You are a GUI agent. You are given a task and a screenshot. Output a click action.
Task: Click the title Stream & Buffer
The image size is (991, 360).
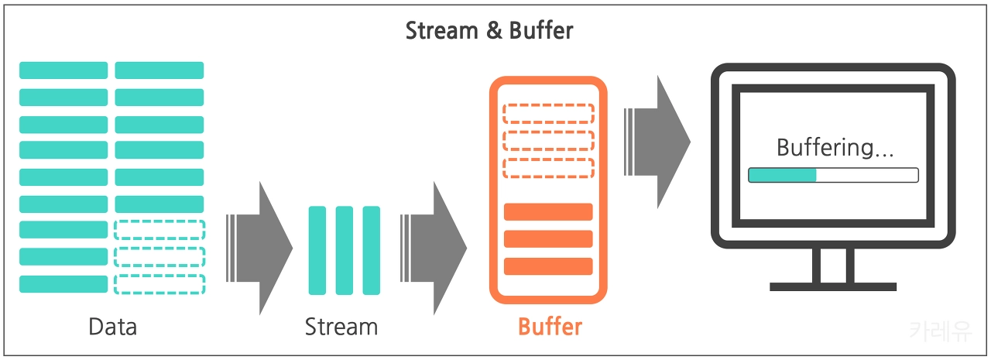tap(489, 31)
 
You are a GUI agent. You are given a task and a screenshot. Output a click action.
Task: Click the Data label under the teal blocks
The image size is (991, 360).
tap(112, 326)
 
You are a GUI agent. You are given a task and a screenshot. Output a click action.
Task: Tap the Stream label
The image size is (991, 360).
tap(341, 326)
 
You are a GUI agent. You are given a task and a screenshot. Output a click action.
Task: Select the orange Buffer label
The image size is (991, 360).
tap(550, 326)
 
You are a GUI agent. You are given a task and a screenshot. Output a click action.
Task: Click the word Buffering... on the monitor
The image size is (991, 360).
tap(835, 147)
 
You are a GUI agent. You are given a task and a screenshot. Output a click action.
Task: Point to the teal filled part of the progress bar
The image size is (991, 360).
tap(783, 175)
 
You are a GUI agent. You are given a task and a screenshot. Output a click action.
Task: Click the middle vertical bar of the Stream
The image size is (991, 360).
tap(345, 250)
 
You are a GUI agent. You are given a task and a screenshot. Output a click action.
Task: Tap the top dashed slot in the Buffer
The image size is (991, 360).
tap(548, 113)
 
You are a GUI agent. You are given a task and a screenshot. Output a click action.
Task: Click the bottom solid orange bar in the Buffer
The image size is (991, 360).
tap(548, 266)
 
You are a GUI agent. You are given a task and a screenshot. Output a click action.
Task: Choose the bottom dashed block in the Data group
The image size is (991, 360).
tap(159, 284)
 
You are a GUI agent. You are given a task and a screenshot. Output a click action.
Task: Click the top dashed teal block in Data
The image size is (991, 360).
tap(159, 229)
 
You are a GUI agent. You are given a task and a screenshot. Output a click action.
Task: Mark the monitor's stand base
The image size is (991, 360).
tap(833, 286)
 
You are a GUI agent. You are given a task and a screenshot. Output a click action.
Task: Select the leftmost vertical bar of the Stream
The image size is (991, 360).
tap(317, 250)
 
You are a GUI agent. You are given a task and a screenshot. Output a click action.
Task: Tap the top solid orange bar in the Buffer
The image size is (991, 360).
tap(548, 211)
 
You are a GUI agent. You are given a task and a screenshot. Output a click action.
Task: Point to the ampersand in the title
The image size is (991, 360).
tap(485, 31)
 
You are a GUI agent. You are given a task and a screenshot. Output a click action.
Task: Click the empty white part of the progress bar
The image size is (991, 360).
tap(867, 175)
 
